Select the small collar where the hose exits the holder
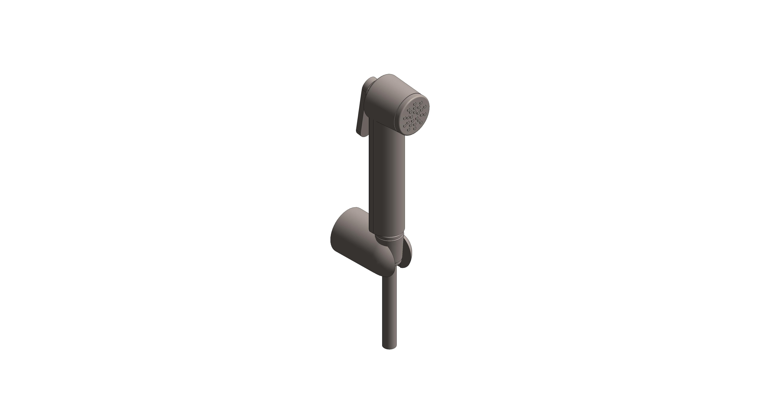(389, 274)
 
